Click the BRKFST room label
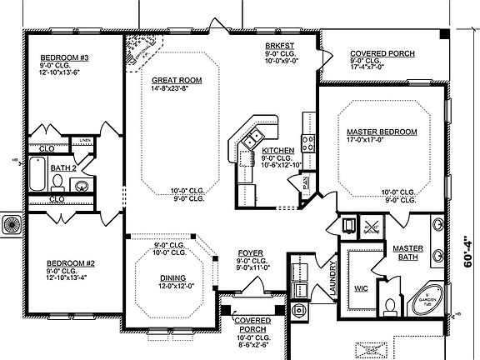277,45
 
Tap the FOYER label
251,252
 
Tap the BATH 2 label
62,167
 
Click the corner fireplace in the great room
138,52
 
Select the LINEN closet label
86,139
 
